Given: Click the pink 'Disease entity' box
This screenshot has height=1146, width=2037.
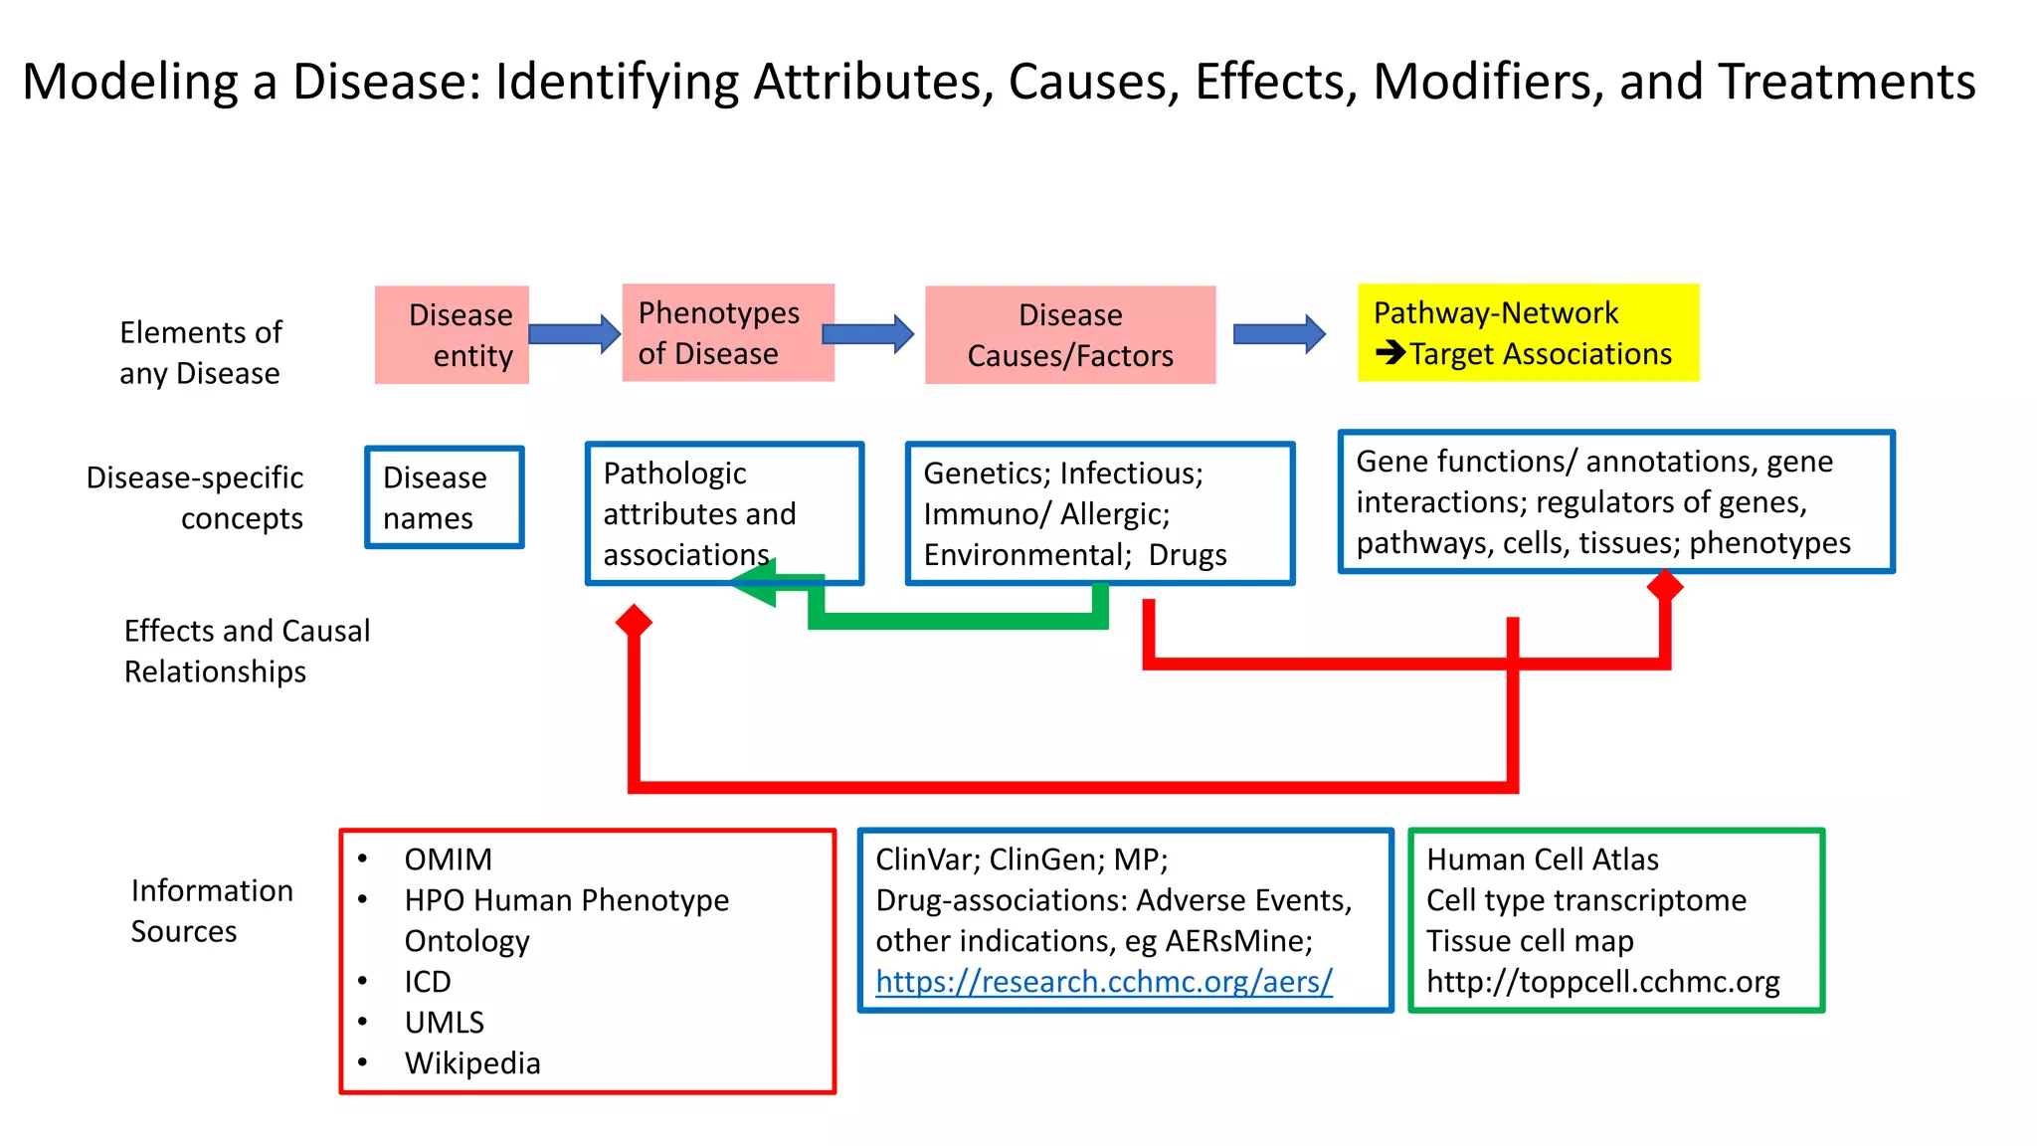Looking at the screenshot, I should pos(452,335).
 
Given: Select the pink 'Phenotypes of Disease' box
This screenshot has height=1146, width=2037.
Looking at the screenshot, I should pos(728,333).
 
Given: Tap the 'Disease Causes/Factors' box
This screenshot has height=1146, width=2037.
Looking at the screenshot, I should pos(1070,335).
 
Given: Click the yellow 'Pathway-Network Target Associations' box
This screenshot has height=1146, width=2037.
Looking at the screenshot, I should pos(1528,333).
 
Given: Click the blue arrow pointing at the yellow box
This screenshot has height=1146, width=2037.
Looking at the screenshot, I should pos(1279,334).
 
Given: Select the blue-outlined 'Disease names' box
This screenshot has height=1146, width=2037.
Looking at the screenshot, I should pos(445,497).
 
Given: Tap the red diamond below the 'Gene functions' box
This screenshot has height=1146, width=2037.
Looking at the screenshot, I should pos(1665,586).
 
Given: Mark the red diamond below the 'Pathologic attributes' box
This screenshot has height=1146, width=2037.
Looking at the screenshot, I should pos(634,622).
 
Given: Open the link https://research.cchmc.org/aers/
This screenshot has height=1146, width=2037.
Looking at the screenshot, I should pos(1104,982).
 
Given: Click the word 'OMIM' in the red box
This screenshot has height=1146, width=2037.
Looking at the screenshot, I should pos(448,859).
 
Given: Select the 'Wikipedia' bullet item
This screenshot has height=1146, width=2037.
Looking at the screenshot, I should pos(472,1063).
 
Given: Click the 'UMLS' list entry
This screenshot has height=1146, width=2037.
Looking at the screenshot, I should pos(445,1023).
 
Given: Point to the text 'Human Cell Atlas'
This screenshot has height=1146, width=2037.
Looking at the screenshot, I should pos(1543,859).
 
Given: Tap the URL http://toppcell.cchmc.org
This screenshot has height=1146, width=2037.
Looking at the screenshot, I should pos(1602,982).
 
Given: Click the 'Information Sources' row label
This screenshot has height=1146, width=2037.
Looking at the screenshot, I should pos(212,910).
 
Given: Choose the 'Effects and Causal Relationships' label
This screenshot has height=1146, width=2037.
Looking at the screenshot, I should pos(247,652).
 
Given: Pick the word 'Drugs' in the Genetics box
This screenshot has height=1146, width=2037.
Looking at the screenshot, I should pos(1188,555).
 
